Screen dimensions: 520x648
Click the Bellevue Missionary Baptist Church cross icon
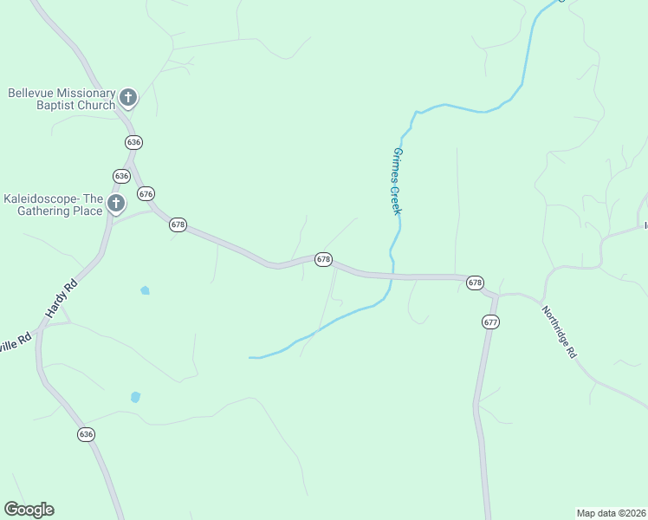pyautogui.click(x=128, y=97)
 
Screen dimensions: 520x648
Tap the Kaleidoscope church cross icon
pyautogui.click(x=115, y=205)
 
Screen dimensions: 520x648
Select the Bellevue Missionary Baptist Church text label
pyautogui.click(x=62, y=99)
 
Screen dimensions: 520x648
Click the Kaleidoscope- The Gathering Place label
pyautogui.click(x=53, y=205)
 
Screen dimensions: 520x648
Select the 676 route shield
pyautogui.click(x=146, y=194)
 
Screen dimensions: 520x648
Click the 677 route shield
pyautogui.click(x=491, y=322)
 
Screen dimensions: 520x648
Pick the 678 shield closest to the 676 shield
pyautogui.click(x=178, y=224)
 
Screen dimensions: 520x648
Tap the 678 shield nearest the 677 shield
pyautogui.click(x=474, y=283)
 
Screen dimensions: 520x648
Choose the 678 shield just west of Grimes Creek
pyautogui.click(x=323, y=259)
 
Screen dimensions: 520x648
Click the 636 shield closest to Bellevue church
pyautogui.click(x=133, y=141)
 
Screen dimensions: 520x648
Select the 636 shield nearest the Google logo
pyautogui.click(x=85, y=434)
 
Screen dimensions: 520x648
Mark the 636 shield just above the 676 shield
pyautogui.click(x=121, y=175)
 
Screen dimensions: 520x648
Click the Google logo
pyautogui.click(x=29, y=510)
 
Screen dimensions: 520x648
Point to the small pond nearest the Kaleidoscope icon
pyautogui.click(x=145, y=290)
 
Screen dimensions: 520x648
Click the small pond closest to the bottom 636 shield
pyautogui.click(x=135, y=397)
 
